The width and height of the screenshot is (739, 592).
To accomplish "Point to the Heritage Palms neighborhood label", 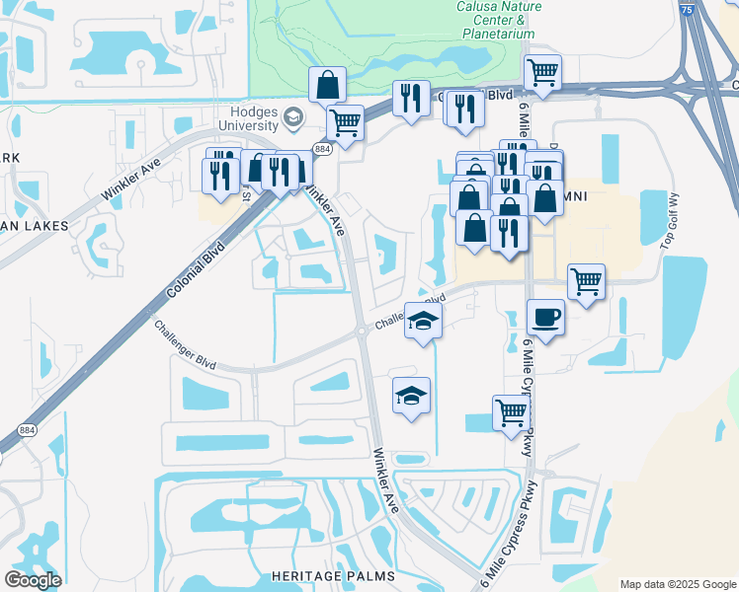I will [334, 575].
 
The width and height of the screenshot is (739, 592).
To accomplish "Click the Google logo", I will [33, 579].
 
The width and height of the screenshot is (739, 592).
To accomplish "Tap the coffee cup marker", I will [545, 317].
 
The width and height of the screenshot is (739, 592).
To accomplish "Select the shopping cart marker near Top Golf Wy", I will [587, 282].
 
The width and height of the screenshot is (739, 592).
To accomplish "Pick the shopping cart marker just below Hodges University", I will [344, 122].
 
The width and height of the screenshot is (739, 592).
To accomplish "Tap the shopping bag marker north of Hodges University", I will [327, 85].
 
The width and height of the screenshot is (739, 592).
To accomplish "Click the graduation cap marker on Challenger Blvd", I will [423, 322].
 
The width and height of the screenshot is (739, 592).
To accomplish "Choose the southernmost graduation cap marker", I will [412, 396].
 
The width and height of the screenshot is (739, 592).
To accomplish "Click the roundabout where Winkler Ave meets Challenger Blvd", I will [362, 334].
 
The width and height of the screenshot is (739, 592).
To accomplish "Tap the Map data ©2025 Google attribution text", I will [677, 584].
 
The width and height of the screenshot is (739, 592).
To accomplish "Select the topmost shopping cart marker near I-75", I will [541, 72].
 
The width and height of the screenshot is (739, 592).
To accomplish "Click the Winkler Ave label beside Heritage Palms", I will [386, 481].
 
